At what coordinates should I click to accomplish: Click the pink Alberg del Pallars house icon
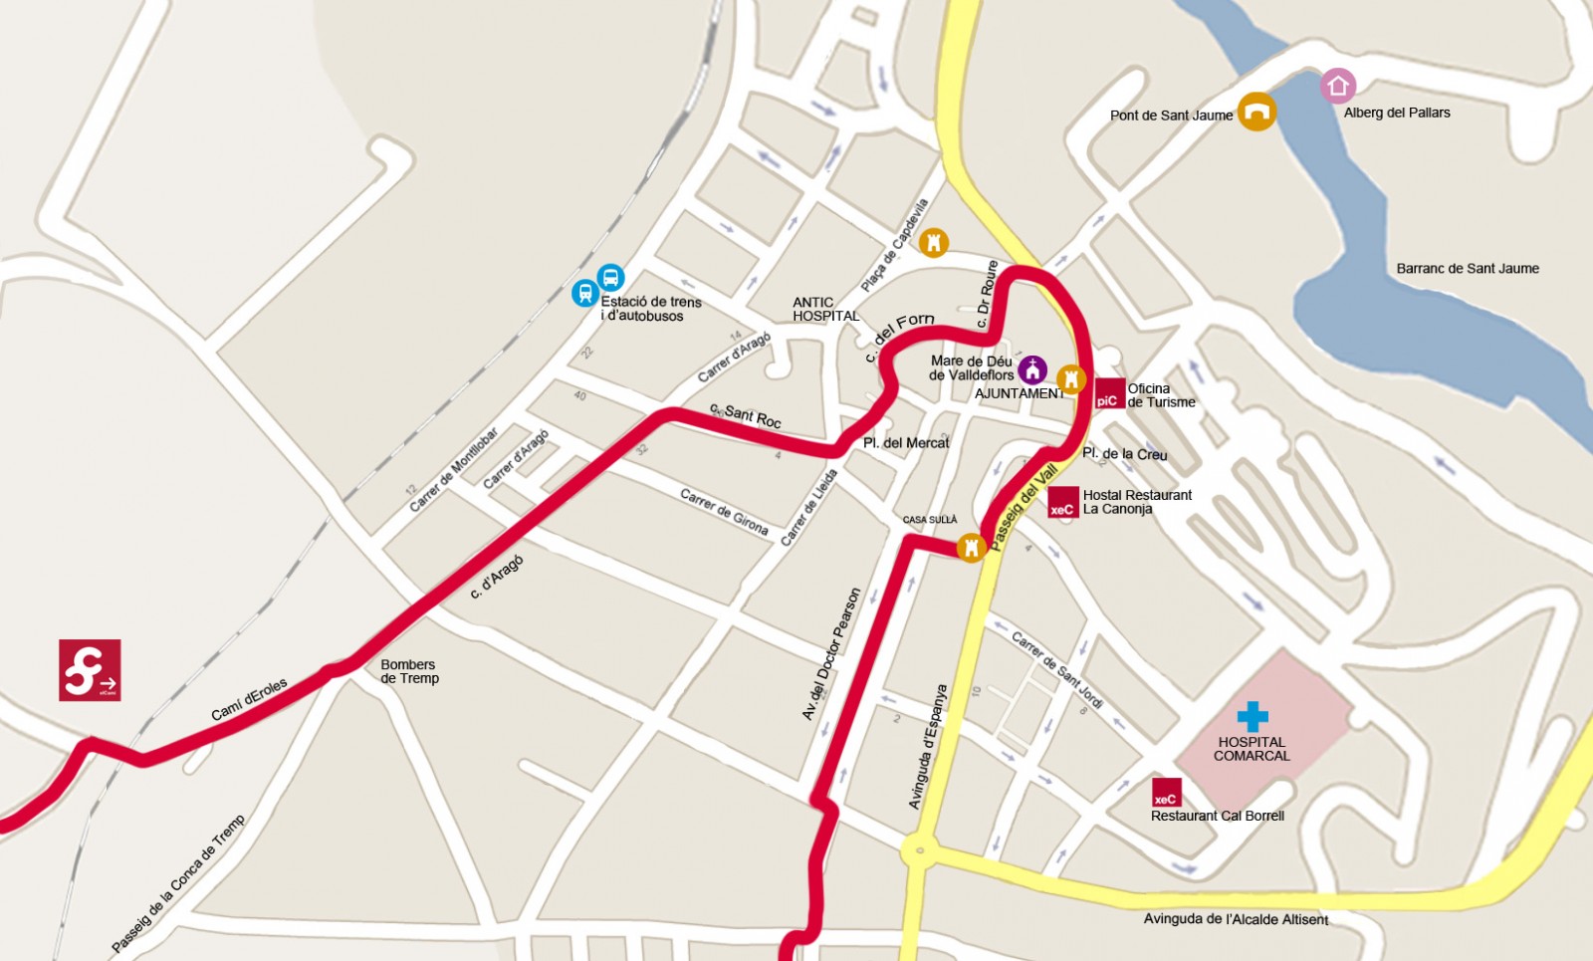click(x=1337, y=87)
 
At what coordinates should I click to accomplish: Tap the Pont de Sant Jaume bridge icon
click(x=1256, y=112)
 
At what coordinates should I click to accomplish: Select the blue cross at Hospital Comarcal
click(x=1252, y=716)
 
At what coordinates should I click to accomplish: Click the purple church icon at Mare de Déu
click(x=1032, y=369)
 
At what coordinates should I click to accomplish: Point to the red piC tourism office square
click(x=1109, y=394)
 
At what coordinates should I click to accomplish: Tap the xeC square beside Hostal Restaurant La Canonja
click(x=1062, y=503)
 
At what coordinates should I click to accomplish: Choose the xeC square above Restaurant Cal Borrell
click(x=1166, y=793)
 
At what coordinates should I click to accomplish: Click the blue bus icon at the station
click(x=610, y=277)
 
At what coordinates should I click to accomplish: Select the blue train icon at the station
click(x=585, y=293)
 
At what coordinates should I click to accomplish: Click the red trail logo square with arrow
click(x=90, y=670)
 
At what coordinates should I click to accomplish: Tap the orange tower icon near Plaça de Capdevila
click(x=933, y=242)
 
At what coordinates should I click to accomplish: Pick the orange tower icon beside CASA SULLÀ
click(x=971, y=547)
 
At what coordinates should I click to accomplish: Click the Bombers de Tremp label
click(x=409, y=671)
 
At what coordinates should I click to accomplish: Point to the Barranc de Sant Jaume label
click(x=1467, y=269)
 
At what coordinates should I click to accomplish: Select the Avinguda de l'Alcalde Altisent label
click(x=1236, y=919)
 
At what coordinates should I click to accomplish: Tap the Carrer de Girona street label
click(x=724, y=512)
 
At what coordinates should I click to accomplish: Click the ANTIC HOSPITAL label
click(x=825, y=309)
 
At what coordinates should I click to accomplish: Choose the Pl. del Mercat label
click(x=906, y=442)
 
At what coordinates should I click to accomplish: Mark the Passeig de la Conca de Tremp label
click(x=177, y=883)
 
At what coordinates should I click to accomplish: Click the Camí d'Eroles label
click(x=249, y=699)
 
